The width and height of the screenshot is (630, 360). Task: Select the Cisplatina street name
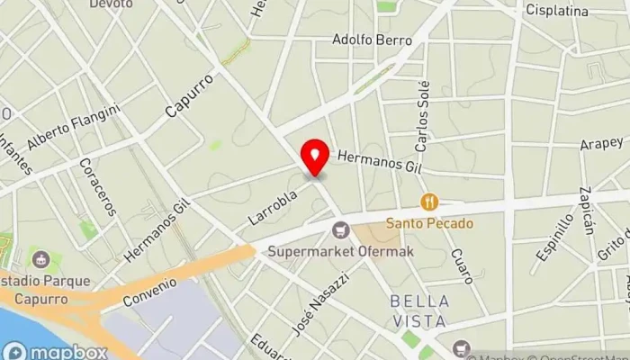click(x=558, y=12)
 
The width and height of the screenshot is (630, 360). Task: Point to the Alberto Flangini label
click(x=74, y=126)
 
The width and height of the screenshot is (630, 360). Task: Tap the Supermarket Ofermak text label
click(x=340, y=251)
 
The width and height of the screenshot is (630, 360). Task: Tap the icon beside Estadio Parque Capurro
click(x=39, y=260)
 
